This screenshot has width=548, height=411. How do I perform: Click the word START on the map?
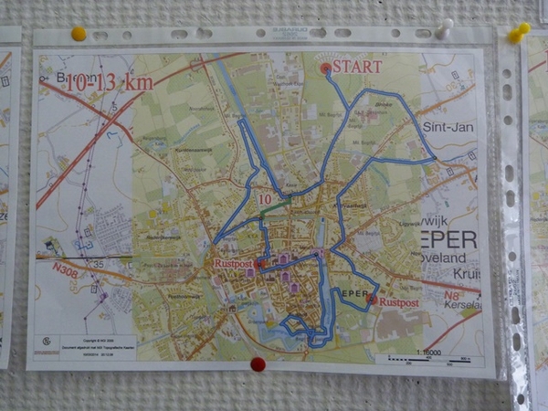click(x=357, y=67)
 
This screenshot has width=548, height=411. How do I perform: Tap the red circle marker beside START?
click(x=325, y=68)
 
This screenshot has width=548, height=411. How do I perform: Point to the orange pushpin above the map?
click(x=79, y=34)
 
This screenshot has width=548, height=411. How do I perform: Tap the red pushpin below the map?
click(x=258, y=364)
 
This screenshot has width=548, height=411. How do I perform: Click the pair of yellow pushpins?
click(x=519, y=33)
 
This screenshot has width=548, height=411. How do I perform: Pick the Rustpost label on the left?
click(x=232, y=264)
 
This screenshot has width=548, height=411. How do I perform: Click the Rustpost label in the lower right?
click(x=398, y=301)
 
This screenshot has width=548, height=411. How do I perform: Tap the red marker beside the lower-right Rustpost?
click(x=371, y=300)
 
